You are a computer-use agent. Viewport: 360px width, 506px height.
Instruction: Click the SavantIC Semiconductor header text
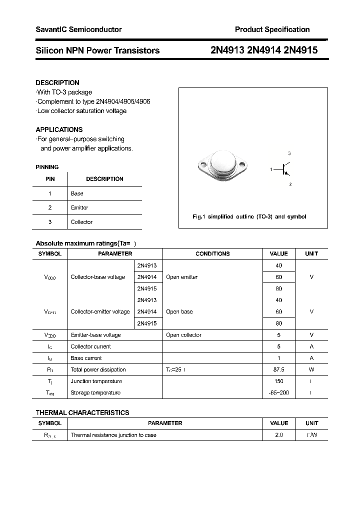78,29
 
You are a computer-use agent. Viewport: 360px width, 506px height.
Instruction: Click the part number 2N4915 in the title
300,50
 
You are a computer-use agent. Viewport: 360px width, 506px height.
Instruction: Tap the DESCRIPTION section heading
57,82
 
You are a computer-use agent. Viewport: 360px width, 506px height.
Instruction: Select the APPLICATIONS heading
59,129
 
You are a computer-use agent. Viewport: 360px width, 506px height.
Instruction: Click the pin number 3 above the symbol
289,153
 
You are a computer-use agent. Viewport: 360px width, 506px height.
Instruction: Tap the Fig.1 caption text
249,216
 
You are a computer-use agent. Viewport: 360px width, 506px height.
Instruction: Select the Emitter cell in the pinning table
79,207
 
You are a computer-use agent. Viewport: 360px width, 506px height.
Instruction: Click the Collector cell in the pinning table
81,222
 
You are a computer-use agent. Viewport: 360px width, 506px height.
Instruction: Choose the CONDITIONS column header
212,254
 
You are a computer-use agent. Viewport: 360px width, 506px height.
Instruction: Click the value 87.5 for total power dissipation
278,369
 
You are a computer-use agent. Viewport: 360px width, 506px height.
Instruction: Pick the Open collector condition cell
183,335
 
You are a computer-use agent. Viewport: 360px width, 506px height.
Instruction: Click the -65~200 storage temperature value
278,393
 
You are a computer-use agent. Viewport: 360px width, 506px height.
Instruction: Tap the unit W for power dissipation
311,369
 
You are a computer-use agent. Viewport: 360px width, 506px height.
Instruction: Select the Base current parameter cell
86,358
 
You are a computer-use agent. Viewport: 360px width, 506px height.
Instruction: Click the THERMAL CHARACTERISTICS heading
82,412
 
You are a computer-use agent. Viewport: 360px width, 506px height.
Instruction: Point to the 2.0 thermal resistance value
278,435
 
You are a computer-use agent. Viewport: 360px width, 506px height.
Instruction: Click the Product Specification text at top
272,29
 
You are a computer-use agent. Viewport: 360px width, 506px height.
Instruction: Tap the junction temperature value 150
278,381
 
